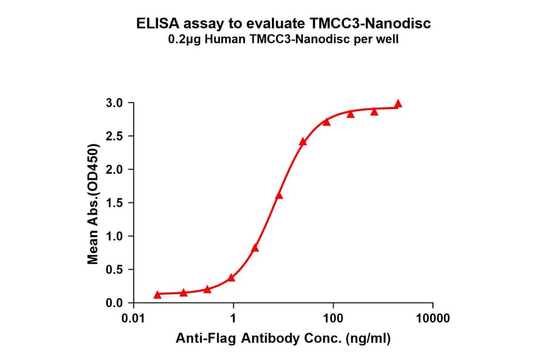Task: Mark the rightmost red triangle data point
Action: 398,104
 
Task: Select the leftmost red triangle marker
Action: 157,295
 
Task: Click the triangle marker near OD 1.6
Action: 279,196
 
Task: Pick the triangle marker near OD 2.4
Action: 303,142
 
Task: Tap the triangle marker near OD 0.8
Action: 255,248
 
